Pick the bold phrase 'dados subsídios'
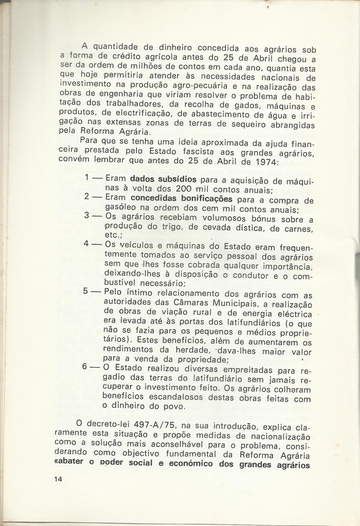(163, 178)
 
